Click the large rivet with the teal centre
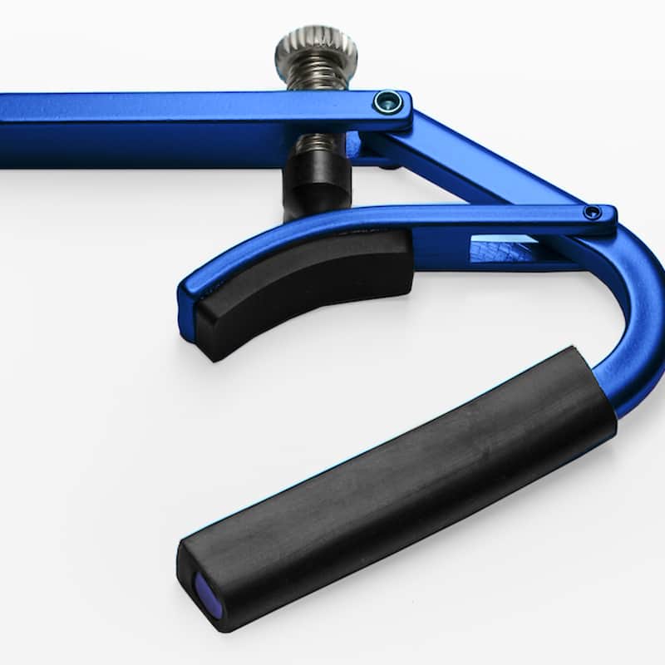click(x=387, y=102)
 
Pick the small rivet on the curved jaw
click(x=592, y=213)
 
